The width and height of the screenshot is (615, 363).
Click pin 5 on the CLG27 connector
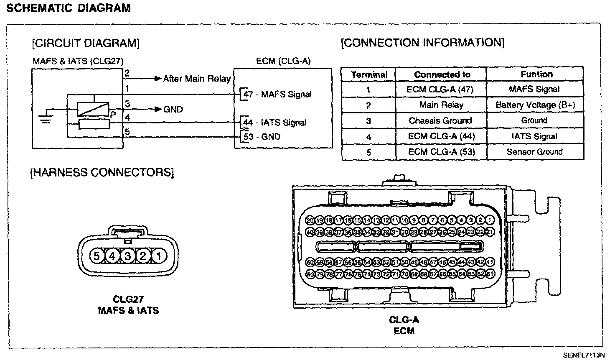click(97, 255)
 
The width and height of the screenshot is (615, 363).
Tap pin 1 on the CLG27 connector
click(158, 255)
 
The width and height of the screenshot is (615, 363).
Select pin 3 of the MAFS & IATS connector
click(128, 255)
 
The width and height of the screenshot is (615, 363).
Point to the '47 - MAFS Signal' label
click(278, 95)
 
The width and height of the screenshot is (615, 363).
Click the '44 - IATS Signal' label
click(275, 123)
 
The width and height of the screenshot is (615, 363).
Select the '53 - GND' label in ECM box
click(262, 137)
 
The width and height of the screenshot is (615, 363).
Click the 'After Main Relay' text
click(196, 79)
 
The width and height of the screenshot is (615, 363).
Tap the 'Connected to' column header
click(442, 74)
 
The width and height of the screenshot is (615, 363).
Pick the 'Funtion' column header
click(536, 74)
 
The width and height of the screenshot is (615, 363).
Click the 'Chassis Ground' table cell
click(440, 121)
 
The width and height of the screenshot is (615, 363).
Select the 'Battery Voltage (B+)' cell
click(535, 105)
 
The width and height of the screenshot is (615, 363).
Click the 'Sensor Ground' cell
click(535, 152)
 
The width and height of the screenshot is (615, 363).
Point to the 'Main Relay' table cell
click(441, 105)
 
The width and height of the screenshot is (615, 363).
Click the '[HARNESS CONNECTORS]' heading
click(102, 172)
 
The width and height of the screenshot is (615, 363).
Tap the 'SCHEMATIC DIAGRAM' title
click(69, 8)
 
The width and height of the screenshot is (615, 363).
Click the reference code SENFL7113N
click(584, 355)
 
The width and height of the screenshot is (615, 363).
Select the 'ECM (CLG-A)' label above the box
click(283, 61)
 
